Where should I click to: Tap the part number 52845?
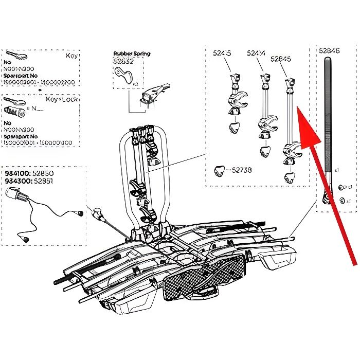point(281,59)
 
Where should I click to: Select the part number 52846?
point(330,51)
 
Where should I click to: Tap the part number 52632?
point(123,61)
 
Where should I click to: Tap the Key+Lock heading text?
point(61,99)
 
